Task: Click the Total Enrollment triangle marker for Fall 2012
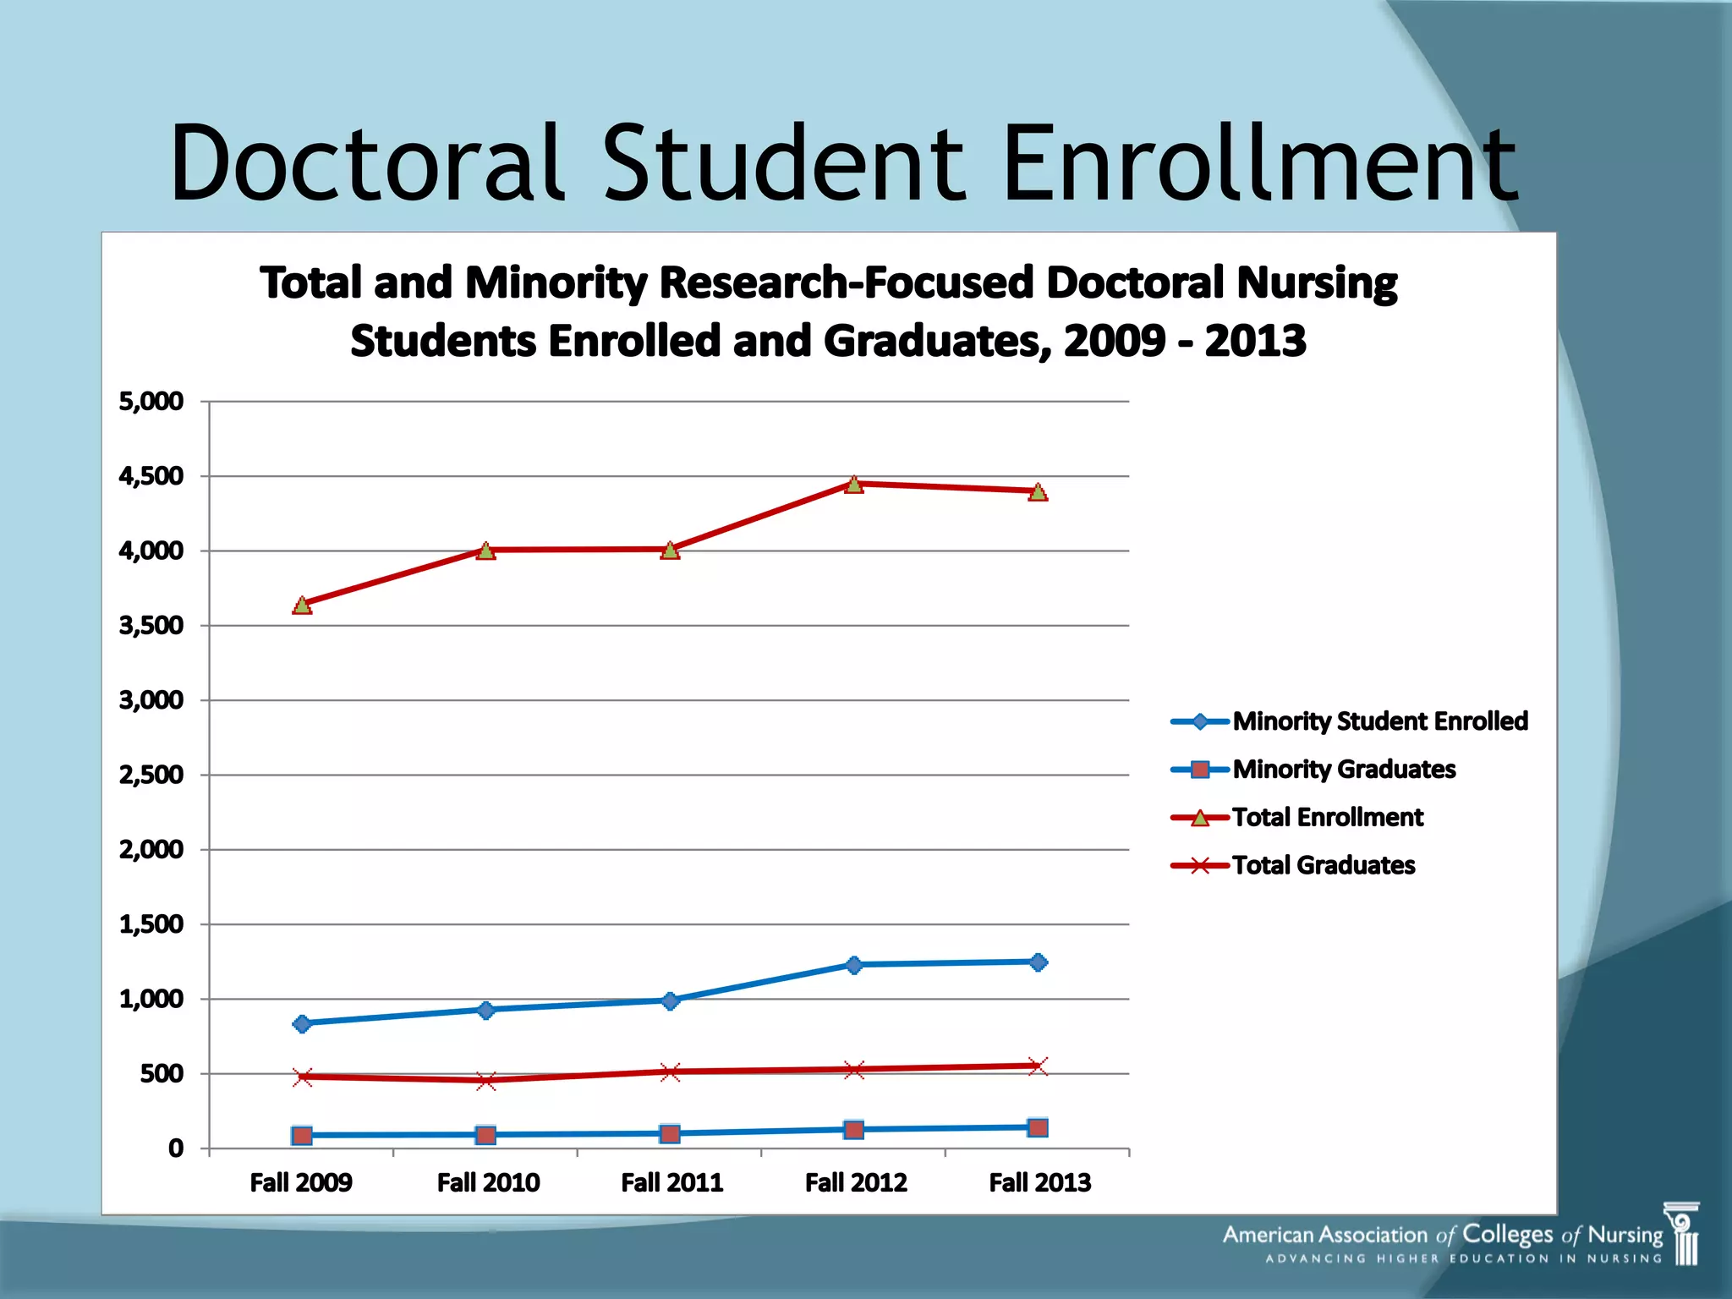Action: click(854, 485)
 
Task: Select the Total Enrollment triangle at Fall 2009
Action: click(302, 606)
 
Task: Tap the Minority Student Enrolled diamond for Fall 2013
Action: click(1039, 962)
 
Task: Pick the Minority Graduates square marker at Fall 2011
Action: click(670, 1133)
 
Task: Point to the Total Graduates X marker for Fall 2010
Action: click(486, 1080)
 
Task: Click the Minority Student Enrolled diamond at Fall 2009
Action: click(302, 1024)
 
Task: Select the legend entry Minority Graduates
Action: click(1343, 770)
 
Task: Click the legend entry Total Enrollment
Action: click(1327, 818)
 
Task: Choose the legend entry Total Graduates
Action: click(1323, 865)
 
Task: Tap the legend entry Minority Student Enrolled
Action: click(1379, 721)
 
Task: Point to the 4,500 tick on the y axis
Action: click(151, 476)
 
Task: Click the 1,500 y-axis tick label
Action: click(151, 924)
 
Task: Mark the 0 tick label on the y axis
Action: click(176, 1148)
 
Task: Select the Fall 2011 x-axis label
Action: click(671, 1182)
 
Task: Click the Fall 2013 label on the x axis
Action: click(1039, 1182)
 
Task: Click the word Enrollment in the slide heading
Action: click(1259, 163)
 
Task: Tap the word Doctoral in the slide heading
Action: click(366, 163)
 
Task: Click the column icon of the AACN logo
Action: click(1683, 1235)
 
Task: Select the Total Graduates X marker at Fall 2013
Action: click(1039, 1066)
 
